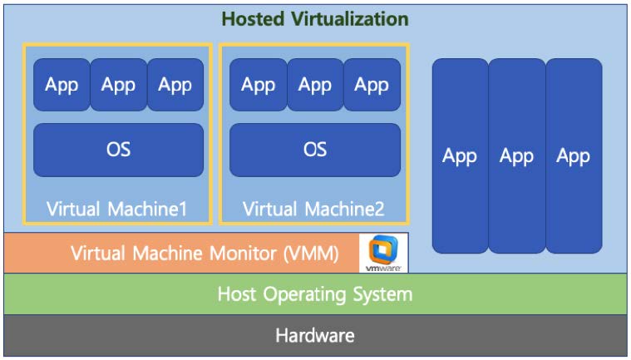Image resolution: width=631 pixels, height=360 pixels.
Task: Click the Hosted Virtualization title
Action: pyautogui.click(x=314, y=18)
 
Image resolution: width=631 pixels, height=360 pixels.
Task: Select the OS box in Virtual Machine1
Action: pyautogui.click(x=118, y=150)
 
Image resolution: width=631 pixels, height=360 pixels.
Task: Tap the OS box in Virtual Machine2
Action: pyautogui.click(x=314, y=150)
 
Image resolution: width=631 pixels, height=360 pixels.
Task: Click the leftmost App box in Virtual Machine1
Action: pyautogui.click(x=62, y=85)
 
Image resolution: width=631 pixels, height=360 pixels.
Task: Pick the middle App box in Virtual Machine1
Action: pyautogui.click(x=118, y=85)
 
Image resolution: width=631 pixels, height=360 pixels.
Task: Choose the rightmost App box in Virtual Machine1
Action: pyautogui.click(x=175, y=85)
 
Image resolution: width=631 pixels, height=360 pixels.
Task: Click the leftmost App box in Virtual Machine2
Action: pyautogui.click(x=258, y=85)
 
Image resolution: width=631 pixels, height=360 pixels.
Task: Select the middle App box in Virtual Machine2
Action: pyautogui.click(x=314, y=85)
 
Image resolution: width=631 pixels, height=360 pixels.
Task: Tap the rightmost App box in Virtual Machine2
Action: pyautogui.click(x=372, y=85)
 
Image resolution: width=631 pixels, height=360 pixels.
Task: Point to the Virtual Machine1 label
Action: pyautogui.click(x=117, y=209)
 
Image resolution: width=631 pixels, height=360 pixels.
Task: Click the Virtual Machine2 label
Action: pyautogui.click(x=313, y=209)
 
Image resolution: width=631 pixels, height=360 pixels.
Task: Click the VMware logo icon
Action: pyautogui.click(x=384, y=253)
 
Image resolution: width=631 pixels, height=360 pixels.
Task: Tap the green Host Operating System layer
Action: pyautogui.click(x=314, y=294)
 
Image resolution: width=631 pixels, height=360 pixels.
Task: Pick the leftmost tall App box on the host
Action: pyautogui.click(x=460, y=155)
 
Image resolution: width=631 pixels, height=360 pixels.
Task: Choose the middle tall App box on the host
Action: pyautogui.click(x=516, y=155)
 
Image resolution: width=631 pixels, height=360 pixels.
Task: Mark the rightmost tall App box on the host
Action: pyautogui.click(x=574, y=155)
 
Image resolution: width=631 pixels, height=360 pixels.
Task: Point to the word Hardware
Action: pyautogui.click(x=314, y=336)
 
